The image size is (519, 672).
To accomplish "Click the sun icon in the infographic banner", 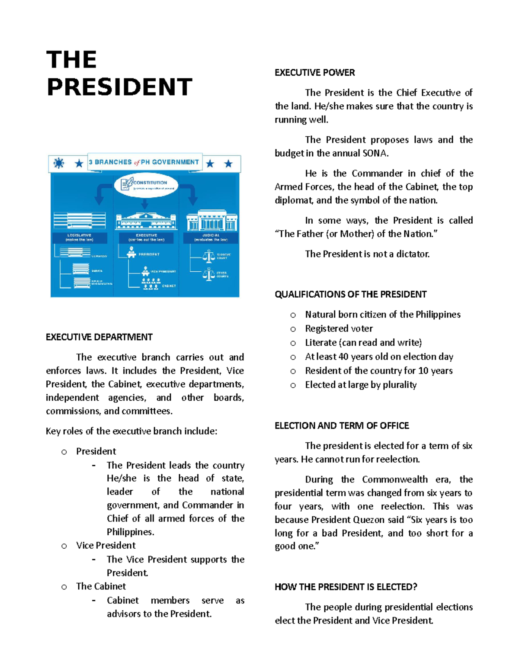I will [x=59, y=163].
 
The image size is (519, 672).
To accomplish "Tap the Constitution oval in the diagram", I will [x=146, y=185].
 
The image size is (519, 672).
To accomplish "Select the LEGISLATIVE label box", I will [x=79, y=238].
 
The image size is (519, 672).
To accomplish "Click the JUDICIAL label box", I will [x=211, y=238].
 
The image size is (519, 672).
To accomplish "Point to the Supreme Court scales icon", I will [x=208, y=256].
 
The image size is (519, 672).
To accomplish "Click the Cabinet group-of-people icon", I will [x=150, y=284].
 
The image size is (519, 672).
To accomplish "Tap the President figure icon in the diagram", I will [x=131, y=252].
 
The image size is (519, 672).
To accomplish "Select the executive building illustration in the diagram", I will [x=146, y=221].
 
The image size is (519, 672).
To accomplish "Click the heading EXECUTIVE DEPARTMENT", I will [x=99, y=337].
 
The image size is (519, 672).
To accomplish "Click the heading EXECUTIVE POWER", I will [x=314, y=73].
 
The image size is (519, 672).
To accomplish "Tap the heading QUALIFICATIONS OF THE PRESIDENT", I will [x=350, y=295].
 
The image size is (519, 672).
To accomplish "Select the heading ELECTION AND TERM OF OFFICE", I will [x=342, y=426].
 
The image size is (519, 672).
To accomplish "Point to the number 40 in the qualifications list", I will [x=343, y=357].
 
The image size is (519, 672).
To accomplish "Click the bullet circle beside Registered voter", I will [x=293, y=329].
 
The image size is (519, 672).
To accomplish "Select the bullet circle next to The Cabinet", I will [x=64, y=587].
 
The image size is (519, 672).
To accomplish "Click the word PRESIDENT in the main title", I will [x=119, y=87].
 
